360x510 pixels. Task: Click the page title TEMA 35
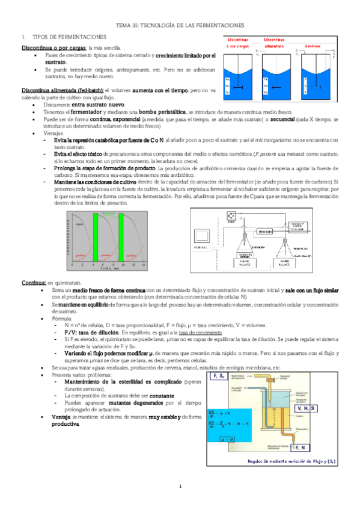pyautogui.click(x=180, y=26)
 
